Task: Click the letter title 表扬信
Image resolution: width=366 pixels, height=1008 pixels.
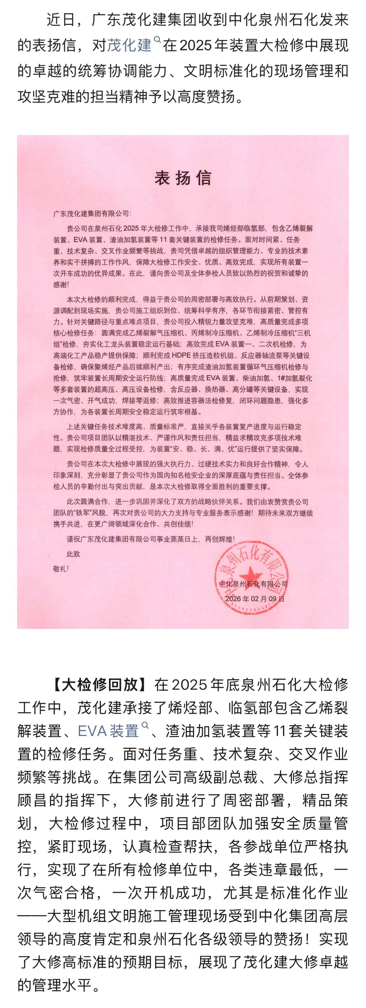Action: click(x=183, y=178)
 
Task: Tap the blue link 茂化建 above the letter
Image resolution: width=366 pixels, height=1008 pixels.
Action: click(x=129, y=46)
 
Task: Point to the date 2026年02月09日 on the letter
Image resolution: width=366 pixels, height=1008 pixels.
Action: click(x=255, y=599)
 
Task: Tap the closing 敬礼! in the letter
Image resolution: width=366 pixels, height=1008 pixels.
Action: click(x=61, y=568)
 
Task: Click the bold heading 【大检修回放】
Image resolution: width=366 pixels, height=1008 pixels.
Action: click(x=100, y=685)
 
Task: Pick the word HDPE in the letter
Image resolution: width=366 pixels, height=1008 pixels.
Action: click(x=182, y=356)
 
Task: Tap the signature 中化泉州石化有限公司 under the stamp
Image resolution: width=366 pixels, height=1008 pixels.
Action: click(x=253, y=584)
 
